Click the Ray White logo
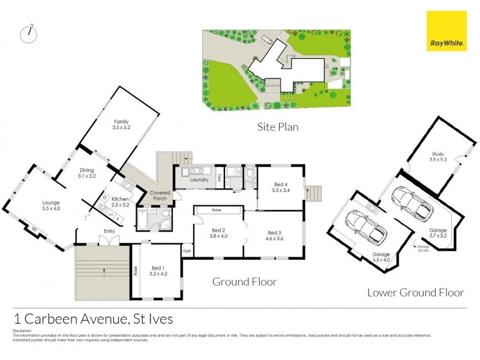pyautogui.click(x=446, y=31)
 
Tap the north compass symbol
pyautogui.click(x=28, y=34)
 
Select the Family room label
pyautogui.click(x=121, y=124)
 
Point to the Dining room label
pyautogui.click(x=87, y=173)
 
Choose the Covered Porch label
pyautogui.click(x=160, y=196)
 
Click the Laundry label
pyautogui.click(x=199, y=179)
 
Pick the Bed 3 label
pyautogui.click(x=274, y=236)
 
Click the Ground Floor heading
pyautogui.click(x=244, y=281)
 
